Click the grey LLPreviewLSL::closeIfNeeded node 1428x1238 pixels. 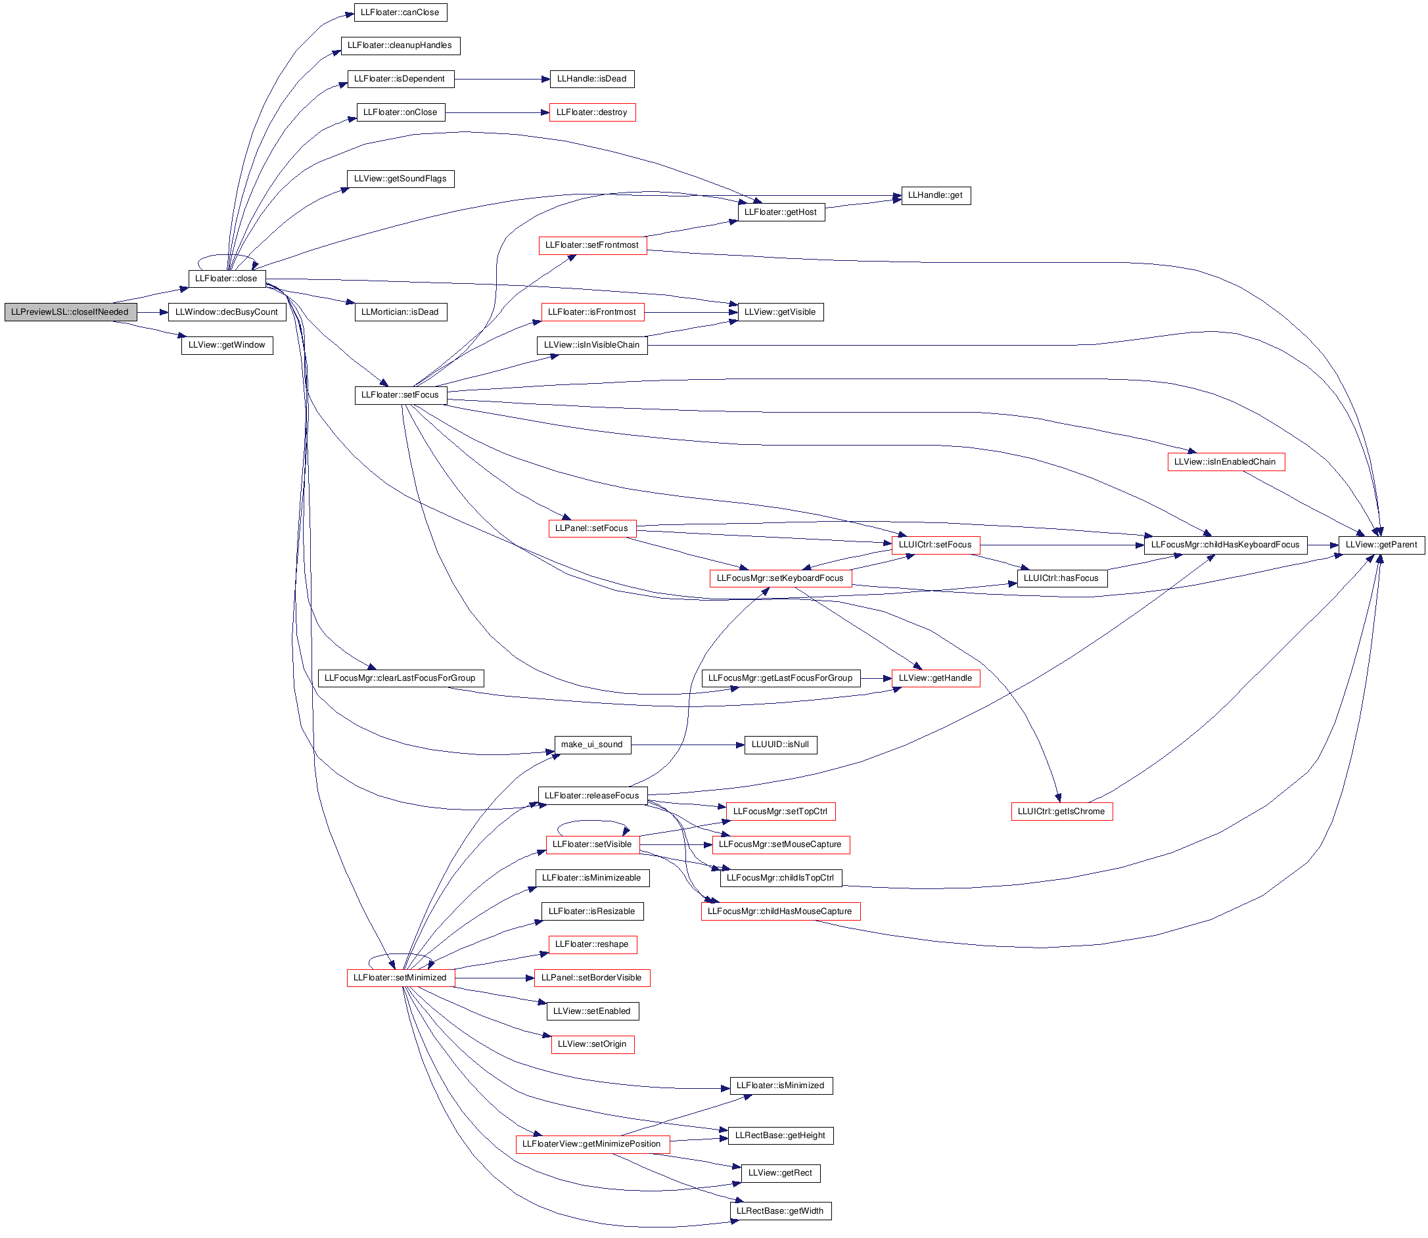pyautogui.click(x=70, y=312)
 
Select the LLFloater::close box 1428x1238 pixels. pyautogui.click(x=227, y=279)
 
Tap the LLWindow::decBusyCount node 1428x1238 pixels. pyautogui.click(x=227, y=312)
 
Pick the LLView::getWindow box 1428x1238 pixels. pyautogui.click(x=227, y=346)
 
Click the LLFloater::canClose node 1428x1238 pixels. pyautogui.click(x=400, y=12)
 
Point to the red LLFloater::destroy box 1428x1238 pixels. pyautogui.click(x=592, y=112)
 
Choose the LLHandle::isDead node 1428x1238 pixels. pyautogui.click(x=591, y=80)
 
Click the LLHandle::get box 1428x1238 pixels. pyautogui.click(x=935, y=196)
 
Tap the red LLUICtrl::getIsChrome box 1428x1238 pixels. pyautogui.click(x=1061, y=812)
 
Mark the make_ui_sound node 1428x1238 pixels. pyautogui.click(x=592, y=745)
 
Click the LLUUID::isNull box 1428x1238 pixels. pyautogui.click(x=780, y=745)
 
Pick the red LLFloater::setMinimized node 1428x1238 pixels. pyautogui.click(x=400, y=978)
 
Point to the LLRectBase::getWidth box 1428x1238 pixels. pyautogui.click(x=780, y=1211)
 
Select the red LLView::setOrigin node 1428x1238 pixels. pyautogui.click(x=592, y=1045)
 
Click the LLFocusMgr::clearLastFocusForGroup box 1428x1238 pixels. pyautogui.click(x=400, y=678)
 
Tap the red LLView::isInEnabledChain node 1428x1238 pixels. pyautogui.click(x=1226, y=462)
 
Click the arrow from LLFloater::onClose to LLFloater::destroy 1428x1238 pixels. pyautogui.click(x=497, y=112)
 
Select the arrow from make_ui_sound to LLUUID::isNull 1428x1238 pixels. pyautogui.click(x=687, y=745)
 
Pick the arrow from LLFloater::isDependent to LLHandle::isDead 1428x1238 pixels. pyautogui.click(x=502, y=80)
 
